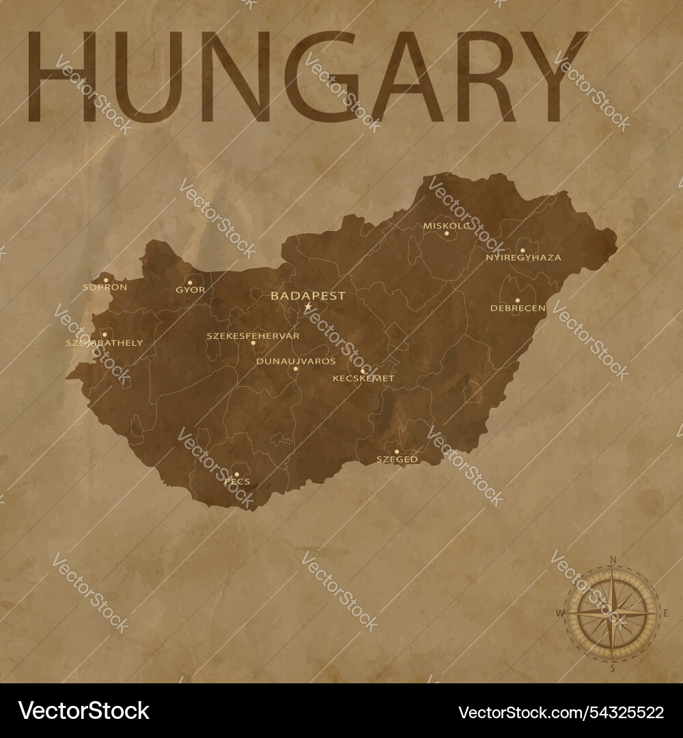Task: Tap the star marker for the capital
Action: (x=308, y=307)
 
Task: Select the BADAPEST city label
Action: (x=308, y=296)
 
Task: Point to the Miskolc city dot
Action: (x=447, y=233)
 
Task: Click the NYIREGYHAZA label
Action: (x=523, y=258)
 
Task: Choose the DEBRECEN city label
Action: (x=518, y=308)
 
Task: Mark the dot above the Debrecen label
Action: (x=517, y=300)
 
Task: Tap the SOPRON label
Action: (x=104, y=288)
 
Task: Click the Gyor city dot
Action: (x=190, y=282)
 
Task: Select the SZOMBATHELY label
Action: (x=104, y=342)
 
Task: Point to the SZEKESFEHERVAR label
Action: (x=243, y=336)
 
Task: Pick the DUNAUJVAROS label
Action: (x=296, y=361)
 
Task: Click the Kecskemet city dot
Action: (x=363, y=371)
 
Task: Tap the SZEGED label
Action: (x=397, y=460)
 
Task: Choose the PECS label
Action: (x=237, y=482)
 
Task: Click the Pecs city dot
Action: (x=236, y=474)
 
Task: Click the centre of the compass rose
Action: (x=613, y=613)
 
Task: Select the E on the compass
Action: (x=665, y=613)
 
